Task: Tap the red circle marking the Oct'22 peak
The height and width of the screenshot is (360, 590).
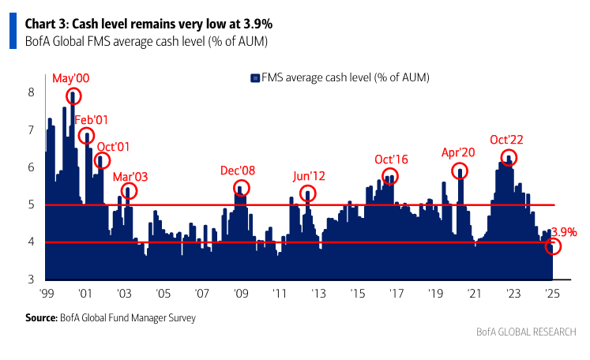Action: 509,158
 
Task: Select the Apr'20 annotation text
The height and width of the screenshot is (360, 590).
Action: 459,152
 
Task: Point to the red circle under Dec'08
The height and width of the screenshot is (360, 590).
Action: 242,188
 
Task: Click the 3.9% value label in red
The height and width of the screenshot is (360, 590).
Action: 563,232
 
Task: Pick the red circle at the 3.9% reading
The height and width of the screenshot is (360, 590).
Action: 554,247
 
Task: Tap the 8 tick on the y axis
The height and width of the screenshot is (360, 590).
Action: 31,92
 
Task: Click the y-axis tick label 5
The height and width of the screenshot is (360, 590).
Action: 31,204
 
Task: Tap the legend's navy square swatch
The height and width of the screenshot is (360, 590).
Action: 255,77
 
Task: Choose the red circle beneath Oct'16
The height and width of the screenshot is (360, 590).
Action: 390,177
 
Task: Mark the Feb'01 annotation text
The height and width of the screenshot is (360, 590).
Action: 91,119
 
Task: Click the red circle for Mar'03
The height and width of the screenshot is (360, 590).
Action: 130,191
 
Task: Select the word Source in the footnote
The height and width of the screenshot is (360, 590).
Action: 40,318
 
